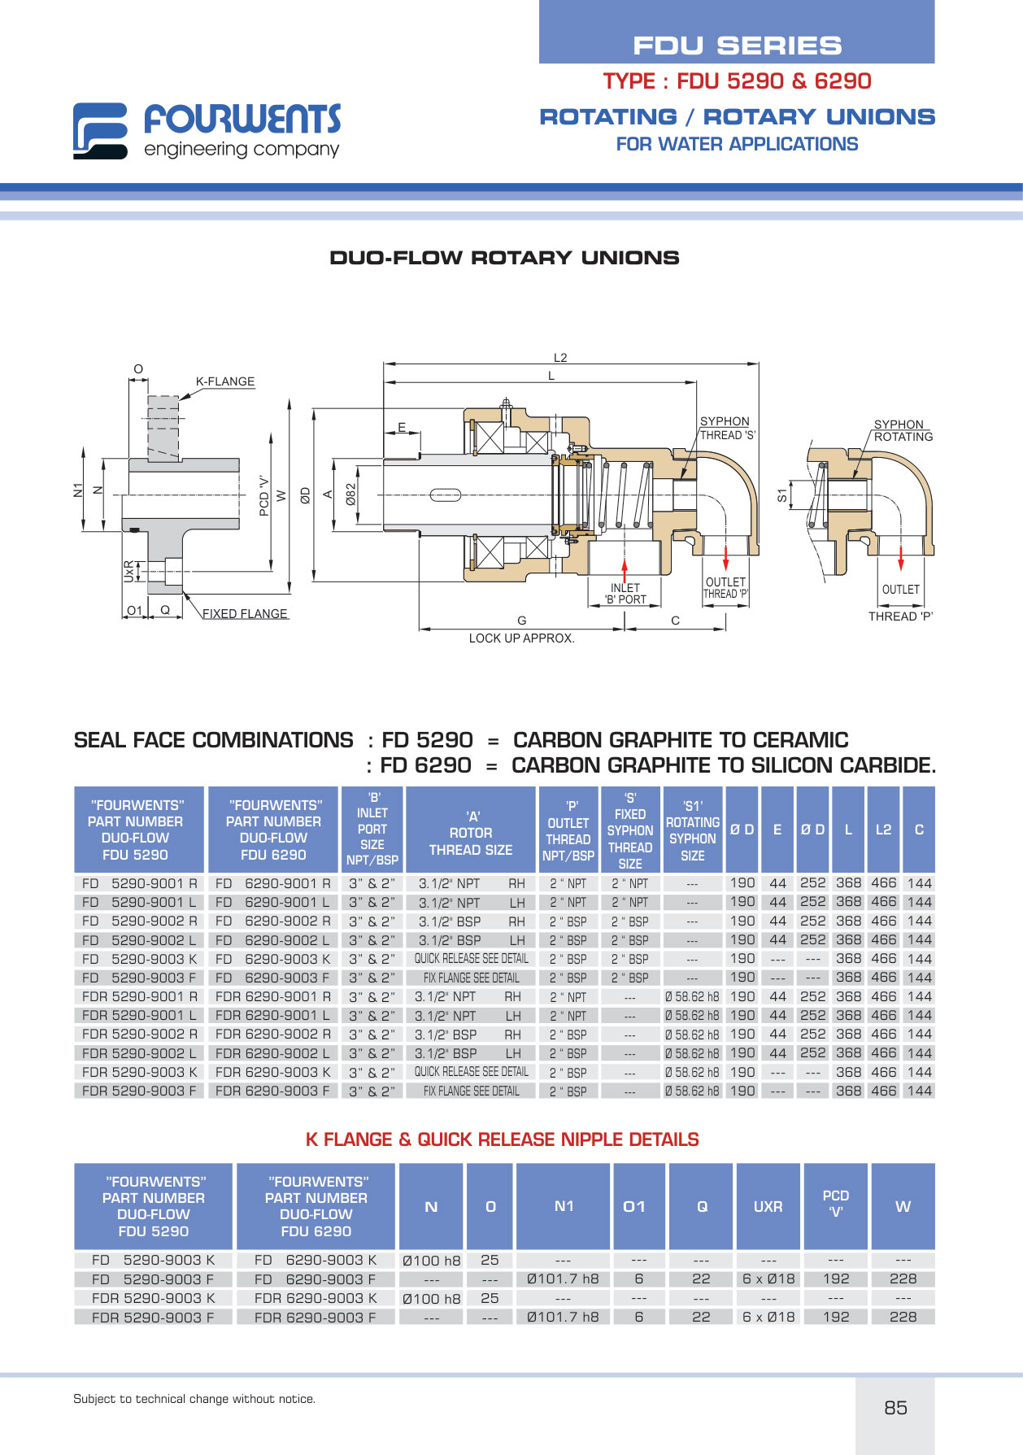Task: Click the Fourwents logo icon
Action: pyautogui.click(x=100, y=130)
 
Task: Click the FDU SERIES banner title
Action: pyautogui.click(x=738, y=46)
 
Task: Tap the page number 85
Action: pyautogui.click(x=895, y=1408)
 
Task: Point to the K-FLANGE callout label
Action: pyautogui.click(x=225, y=381)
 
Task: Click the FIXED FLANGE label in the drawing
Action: pyautogui.click(x=245, y=614)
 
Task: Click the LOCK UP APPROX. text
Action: pyautogui.click(x=521, y=638)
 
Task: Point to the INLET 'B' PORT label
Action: pyautogui.click(x=625, y=594)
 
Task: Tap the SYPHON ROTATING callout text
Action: pyautogui.click(x=903, y=430)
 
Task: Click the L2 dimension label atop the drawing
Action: pyautogui.click(x=560, y=358)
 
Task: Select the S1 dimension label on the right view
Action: pyautogui.click(x=782, y=495)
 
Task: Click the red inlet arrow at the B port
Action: pyautogui.click(x=625, y=572)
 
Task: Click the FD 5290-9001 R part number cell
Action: pyautogui.click(x=139, y=883)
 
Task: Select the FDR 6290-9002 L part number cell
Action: pyautogui.click(x=272, y=1053)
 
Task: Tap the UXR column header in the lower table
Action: pyautogui.click(x=768, y=1207)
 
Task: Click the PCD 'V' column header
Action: pyautogui.click(x=836, y=1204)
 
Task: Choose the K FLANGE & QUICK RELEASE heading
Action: pyautogui.click(x=503, y=1139)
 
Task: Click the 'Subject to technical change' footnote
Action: pyautogui.click(x=194, y=1399)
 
